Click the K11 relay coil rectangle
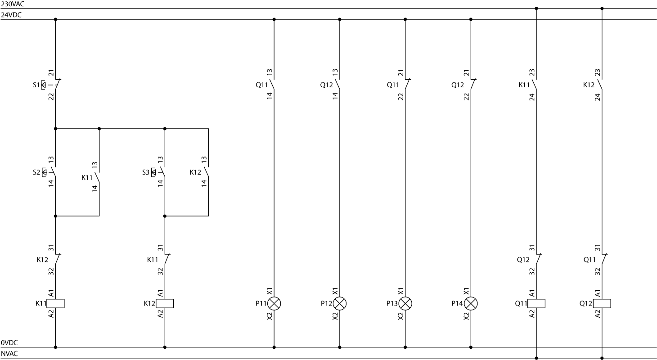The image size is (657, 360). [x=55, y=303]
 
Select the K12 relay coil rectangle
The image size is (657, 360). [x=165, y=303]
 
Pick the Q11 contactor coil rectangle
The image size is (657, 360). [x=536, y=303]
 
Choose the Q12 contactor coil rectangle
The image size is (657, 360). [x=602, y=303]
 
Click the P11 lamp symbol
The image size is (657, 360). [x=274, y=304]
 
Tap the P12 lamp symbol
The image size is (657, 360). [x=340, y=304]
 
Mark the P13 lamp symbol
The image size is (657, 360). [x=405, y=304]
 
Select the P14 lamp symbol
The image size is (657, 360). [x=471, y=304]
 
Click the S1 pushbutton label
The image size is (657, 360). [x=36, y=85]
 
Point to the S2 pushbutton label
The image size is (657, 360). [x=36, y=172]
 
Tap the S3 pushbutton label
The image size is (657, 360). [x=145, y=172]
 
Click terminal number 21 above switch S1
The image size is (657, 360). [x=51, y=72]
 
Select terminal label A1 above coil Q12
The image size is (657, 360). [x=598, y=292]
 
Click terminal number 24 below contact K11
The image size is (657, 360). [x=532, y=96]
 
